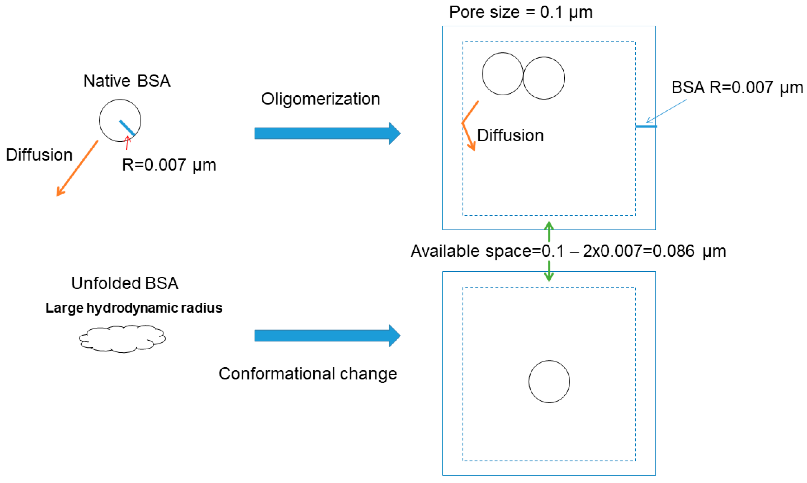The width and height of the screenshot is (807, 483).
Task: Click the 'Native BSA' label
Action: pos(127,81)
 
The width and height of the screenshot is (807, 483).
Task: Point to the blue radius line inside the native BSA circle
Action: pos(127,128)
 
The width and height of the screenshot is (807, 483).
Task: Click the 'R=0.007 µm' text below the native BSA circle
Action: pos(169,165)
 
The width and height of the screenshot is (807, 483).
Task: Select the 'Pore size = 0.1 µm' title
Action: pos(521,12)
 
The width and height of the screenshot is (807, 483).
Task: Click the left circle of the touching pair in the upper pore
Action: pos(502,74)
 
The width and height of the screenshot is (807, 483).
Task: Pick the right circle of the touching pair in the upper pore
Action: pos(544,78)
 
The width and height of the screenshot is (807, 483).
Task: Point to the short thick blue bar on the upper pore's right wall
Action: pos(646,126)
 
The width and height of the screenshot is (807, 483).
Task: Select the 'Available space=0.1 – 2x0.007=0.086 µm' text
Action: pos(568,251)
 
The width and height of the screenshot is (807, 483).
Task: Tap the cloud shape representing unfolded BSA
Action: pos(122,338)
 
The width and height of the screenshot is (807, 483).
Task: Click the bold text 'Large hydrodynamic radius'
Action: pos(134,308)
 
